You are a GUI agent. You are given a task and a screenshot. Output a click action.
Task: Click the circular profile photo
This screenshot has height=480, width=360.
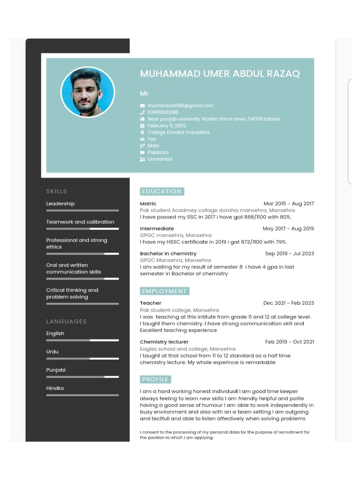click(x=88, y=92)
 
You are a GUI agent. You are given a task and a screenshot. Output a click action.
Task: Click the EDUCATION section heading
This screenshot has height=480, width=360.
click(x=162, y=191)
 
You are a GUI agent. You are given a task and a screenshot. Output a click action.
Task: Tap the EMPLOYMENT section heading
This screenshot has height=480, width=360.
click(x=164, y=291)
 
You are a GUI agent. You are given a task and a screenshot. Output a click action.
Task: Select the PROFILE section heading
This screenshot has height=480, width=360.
click(x=155, y=379)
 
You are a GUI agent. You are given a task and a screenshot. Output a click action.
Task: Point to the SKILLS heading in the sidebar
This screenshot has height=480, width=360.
click(x=57, y=191)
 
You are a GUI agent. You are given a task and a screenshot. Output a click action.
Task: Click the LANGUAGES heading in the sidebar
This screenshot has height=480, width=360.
click(x=67, y=321)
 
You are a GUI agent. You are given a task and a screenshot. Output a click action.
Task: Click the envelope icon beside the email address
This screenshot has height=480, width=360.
click(x=142, y=106)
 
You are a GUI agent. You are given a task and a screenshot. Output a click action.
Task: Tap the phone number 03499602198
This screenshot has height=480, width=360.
click(x=163, y=112)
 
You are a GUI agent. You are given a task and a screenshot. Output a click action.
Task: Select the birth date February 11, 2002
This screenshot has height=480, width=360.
click(x=166, y=126)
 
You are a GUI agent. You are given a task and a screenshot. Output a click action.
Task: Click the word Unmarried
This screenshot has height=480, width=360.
click(x=160, y=159)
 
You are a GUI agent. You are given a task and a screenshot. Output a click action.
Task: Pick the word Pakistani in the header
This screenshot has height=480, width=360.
click(x=158, y=152)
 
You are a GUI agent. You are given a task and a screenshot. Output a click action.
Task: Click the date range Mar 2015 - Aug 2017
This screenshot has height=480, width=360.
click(x=289, y=203)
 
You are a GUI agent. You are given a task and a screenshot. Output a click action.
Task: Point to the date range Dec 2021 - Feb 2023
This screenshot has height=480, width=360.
click(x=289, y=303)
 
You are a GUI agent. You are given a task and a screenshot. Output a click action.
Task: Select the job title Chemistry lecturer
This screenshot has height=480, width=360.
click(x=164, y=342)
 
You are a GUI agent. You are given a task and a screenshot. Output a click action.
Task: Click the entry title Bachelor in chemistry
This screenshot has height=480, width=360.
click(x=168, y=254)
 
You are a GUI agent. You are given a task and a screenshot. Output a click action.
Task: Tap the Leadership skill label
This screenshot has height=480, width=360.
click(x=60, y=203)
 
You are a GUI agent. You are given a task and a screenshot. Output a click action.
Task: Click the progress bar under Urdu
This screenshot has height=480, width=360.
click(x=82, y=359)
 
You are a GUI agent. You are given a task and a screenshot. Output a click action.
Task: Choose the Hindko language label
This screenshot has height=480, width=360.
click(x=55, y=388)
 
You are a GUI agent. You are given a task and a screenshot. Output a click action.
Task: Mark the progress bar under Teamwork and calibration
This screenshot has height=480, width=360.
click(x=82, y=229)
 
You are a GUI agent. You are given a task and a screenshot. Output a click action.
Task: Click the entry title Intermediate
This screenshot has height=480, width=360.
click(x=157, y=229)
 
